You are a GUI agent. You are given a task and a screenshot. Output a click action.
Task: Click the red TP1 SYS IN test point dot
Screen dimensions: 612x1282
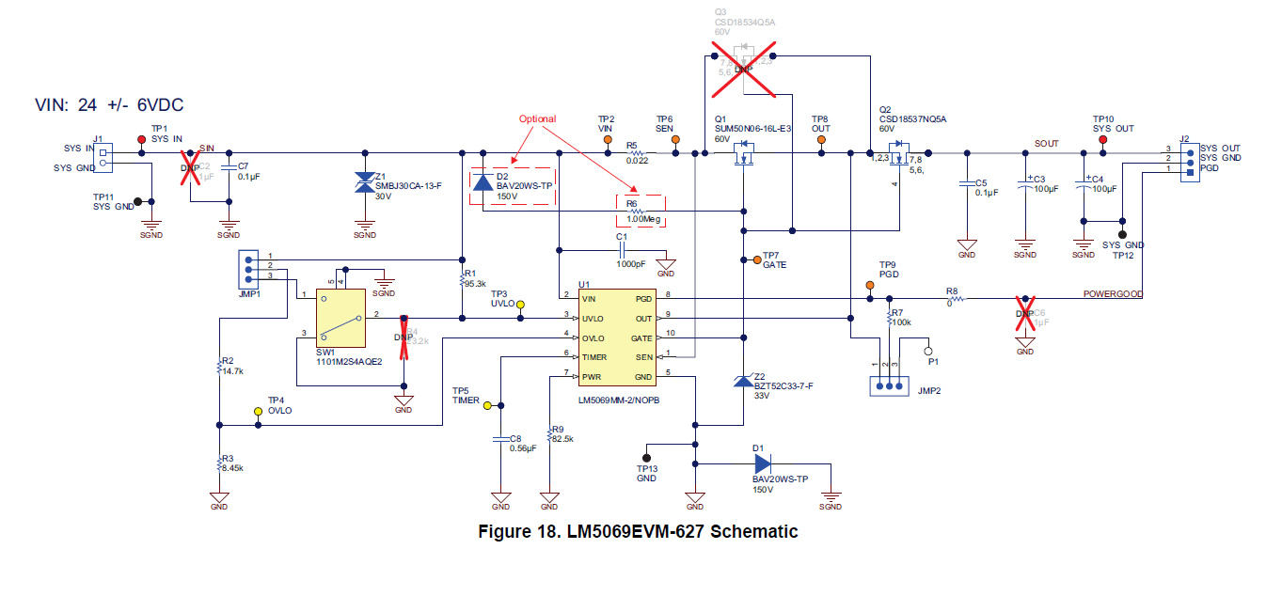142,139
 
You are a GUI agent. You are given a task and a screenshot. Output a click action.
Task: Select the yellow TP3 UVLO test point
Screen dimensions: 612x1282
522,305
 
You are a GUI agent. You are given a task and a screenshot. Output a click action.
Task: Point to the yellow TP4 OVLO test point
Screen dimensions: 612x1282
260,412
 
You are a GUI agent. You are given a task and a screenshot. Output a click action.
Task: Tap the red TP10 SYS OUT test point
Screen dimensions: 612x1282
1102,139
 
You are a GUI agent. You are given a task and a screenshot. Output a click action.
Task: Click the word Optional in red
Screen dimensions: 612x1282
537,119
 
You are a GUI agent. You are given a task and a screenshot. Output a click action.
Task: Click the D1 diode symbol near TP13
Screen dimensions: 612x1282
762,463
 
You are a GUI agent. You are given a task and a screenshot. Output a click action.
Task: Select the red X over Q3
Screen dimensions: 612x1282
744,69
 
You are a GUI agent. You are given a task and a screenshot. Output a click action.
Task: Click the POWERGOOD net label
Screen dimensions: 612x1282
1113,294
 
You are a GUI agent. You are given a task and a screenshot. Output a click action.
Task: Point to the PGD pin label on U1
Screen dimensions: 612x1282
642,299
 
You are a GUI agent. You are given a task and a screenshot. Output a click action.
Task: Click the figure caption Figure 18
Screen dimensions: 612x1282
638,532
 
